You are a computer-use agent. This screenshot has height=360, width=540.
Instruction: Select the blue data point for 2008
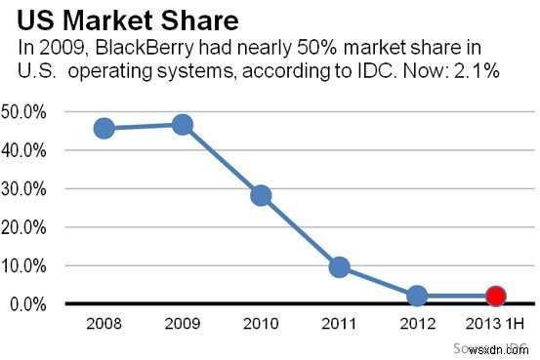[104, 128]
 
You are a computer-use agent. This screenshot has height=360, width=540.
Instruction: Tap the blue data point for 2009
[183, 125]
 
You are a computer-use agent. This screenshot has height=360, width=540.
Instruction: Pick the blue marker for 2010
[261, 195]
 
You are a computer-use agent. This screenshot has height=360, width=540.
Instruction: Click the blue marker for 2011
[339, 266]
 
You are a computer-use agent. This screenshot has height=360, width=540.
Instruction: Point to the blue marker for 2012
[417, 296]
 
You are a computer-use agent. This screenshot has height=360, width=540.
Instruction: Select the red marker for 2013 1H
[495, 296]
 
